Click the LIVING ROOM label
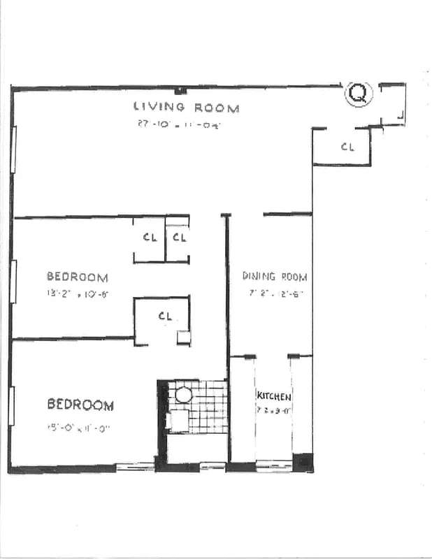[187, 108]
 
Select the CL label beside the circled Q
[347, 147]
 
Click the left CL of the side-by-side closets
[150, 238]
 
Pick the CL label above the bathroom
[165, 316]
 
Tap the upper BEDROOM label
[77, 277]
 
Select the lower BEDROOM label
[80, 405]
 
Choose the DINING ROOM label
[274, 276]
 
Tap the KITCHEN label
[273, 396]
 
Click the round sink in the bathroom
[184, 395]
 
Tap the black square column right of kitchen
[303, 462]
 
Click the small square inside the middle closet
[183, 337]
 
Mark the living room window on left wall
[13, 148]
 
